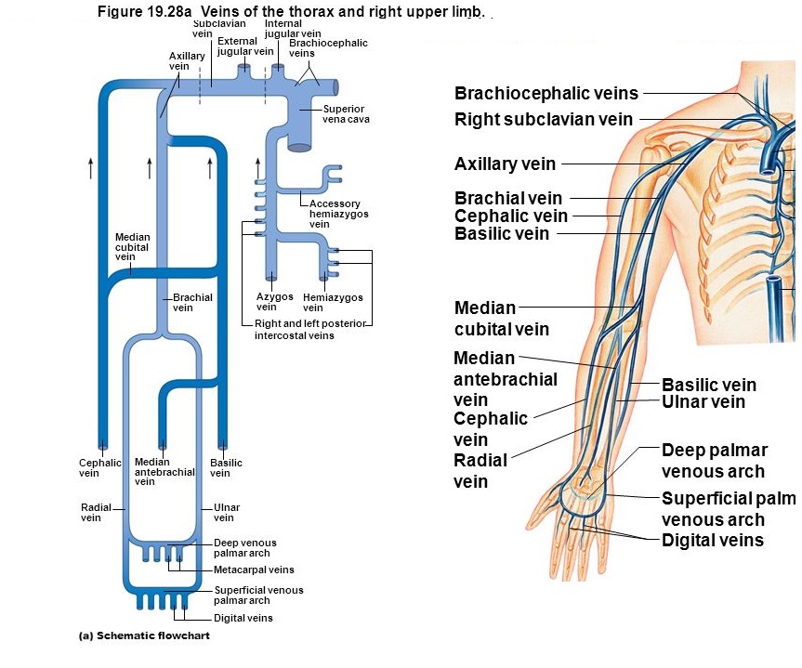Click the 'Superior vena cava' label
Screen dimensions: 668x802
345,115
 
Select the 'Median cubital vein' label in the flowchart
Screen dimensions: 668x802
132,246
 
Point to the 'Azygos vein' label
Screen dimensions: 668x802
274,302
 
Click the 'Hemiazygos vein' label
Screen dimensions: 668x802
333,302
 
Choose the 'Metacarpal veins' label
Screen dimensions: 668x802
254,570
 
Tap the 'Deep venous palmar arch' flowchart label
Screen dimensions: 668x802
244,548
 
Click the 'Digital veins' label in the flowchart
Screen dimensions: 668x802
243,618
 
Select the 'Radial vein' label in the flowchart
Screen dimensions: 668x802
96,513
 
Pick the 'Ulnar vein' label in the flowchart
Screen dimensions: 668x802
227,513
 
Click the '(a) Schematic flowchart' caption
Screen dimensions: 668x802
144,636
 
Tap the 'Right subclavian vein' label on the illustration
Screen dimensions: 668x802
544,119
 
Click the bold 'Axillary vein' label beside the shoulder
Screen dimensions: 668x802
505,164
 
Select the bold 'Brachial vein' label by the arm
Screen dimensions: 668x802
508,198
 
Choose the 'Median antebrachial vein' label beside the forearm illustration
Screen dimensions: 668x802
505,379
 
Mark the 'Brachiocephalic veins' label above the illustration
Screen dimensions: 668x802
546,93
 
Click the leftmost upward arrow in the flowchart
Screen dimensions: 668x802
90,167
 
